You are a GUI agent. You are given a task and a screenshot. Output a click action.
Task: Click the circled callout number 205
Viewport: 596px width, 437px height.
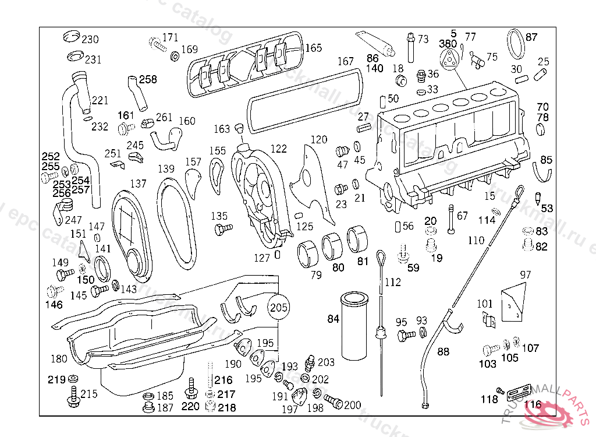[x=279, y=308]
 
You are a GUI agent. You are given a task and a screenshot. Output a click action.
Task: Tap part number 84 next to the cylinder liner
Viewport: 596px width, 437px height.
[x=333, y=319]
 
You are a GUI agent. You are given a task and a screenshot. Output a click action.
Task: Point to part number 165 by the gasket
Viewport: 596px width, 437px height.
[x=313, y=48]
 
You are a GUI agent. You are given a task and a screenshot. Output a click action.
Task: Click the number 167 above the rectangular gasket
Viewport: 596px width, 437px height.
[x=345, y=61]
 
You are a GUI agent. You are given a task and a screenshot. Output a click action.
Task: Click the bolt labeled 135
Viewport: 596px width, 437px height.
[x=222, y=229]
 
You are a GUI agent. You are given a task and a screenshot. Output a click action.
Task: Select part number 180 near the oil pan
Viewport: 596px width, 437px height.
[x=59, y=358]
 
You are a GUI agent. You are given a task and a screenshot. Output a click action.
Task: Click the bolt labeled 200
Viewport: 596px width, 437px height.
[x=332, y=400]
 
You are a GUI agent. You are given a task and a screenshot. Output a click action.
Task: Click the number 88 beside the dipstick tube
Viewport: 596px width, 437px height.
[x=444, y=351]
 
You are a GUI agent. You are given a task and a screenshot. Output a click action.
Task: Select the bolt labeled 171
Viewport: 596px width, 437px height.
[x=157, y=42]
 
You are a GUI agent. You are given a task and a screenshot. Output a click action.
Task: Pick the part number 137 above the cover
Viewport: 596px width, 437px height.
[x=138, y=184]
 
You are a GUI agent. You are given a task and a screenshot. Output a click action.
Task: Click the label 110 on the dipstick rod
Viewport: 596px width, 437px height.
[x=476, y=240]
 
